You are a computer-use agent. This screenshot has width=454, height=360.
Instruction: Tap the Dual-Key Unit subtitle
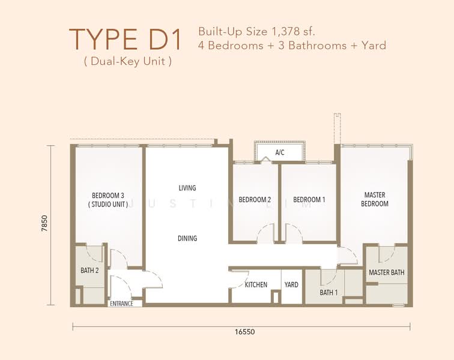128,61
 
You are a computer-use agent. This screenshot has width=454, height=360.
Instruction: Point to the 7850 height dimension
44,223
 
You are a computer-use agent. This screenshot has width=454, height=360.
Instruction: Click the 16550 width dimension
245,332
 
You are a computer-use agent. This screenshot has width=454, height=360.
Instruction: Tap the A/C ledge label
280,152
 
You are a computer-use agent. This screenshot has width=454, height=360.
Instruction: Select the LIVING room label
187,188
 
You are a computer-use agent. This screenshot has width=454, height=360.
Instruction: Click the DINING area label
187,238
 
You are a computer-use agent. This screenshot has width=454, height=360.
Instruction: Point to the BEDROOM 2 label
255,200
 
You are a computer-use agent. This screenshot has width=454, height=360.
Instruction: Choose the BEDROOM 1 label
309,200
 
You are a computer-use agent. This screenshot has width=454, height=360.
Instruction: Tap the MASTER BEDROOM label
375,199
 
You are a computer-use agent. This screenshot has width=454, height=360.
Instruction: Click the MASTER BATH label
387,272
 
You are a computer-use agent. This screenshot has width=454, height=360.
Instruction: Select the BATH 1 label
328,293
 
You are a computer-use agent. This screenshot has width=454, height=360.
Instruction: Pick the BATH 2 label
89,270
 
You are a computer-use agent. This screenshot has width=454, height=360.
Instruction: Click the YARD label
291,285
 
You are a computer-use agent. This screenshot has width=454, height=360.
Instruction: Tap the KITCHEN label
256,285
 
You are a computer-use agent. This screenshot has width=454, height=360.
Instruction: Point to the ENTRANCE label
121,304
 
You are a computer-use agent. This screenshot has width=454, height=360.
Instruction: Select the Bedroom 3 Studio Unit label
108,200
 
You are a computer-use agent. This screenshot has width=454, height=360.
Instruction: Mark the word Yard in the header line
374,46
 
